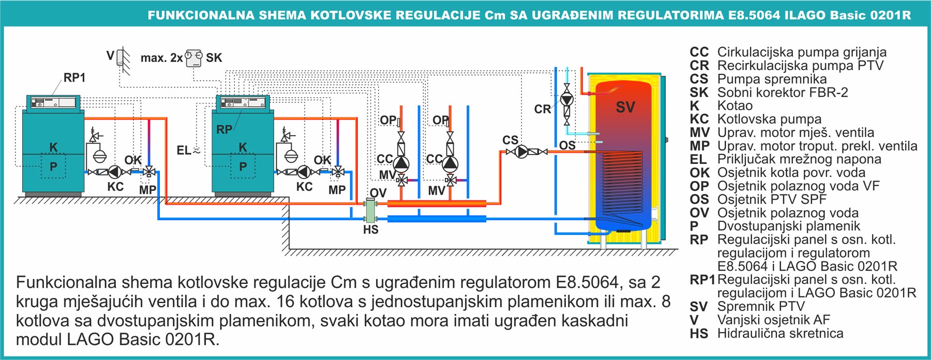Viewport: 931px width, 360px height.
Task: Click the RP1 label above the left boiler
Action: coord(74,78)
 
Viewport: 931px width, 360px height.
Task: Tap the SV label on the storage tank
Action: coord(625,108)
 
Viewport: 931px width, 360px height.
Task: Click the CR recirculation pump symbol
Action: coord(567,99)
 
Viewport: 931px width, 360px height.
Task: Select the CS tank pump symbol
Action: coord(522,152)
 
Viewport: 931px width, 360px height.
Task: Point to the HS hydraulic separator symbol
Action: coord(371,211)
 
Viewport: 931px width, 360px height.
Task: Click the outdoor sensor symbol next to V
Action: coord(123,56)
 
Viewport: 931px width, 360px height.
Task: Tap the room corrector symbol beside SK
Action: coord(194,57)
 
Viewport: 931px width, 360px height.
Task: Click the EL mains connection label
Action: coord(184,151)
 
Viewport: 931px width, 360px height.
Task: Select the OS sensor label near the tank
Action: coord(567,145)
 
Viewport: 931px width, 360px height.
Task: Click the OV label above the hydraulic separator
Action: coord(378,193)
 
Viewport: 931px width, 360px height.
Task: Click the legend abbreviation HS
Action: coord(699,334)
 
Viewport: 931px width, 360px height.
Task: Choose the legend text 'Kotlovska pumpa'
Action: coord(769,119)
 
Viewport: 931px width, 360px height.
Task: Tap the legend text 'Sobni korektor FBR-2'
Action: coord(783,93)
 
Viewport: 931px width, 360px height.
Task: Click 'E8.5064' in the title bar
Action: coord(754,15)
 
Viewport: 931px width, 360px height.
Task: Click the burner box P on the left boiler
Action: coord(53,167)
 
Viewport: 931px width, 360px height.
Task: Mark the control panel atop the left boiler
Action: coord(53,102)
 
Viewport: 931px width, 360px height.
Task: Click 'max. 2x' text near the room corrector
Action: coord(161,58)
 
